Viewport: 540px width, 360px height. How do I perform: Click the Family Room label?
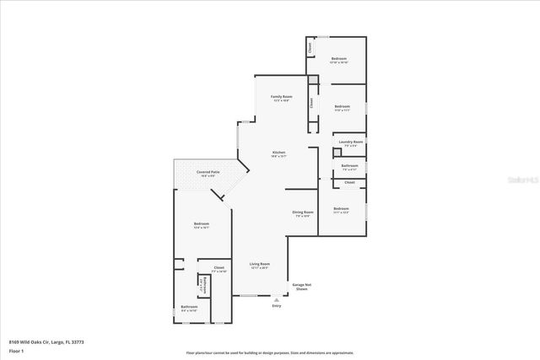(x=281, y=98)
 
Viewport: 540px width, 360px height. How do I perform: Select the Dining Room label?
(x=302, y=212)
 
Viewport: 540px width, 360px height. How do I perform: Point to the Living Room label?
(x=259, y=265)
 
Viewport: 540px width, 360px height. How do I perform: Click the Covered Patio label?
(x=208, y=172)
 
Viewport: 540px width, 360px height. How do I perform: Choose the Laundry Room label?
(x=351, y=142)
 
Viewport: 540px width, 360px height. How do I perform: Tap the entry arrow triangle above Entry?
(x=276, y=298)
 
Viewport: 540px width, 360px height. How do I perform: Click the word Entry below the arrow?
(x=276, y=305)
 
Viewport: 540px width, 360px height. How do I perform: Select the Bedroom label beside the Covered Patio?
(x=201, y=225)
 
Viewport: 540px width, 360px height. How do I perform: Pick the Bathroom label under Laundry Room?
(x=350, y=166)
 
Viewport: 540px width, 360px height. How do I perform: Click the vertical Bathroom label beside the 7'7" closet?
(x=203, y=285)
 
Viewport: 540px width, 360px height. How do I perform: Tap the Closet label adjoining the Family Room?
(x=310, y=105)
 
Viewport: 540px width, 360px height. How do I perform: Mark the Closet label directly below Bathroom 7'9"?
(x=349, y=182)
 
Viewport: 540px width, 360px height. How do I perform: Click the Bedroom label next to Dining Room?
(x=341, y=208)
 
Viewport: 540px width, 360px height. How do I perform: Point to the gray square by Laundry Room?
(x=313, y=80)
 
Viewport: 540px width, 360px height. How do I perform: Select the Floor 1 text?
(x=15, y=350)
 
